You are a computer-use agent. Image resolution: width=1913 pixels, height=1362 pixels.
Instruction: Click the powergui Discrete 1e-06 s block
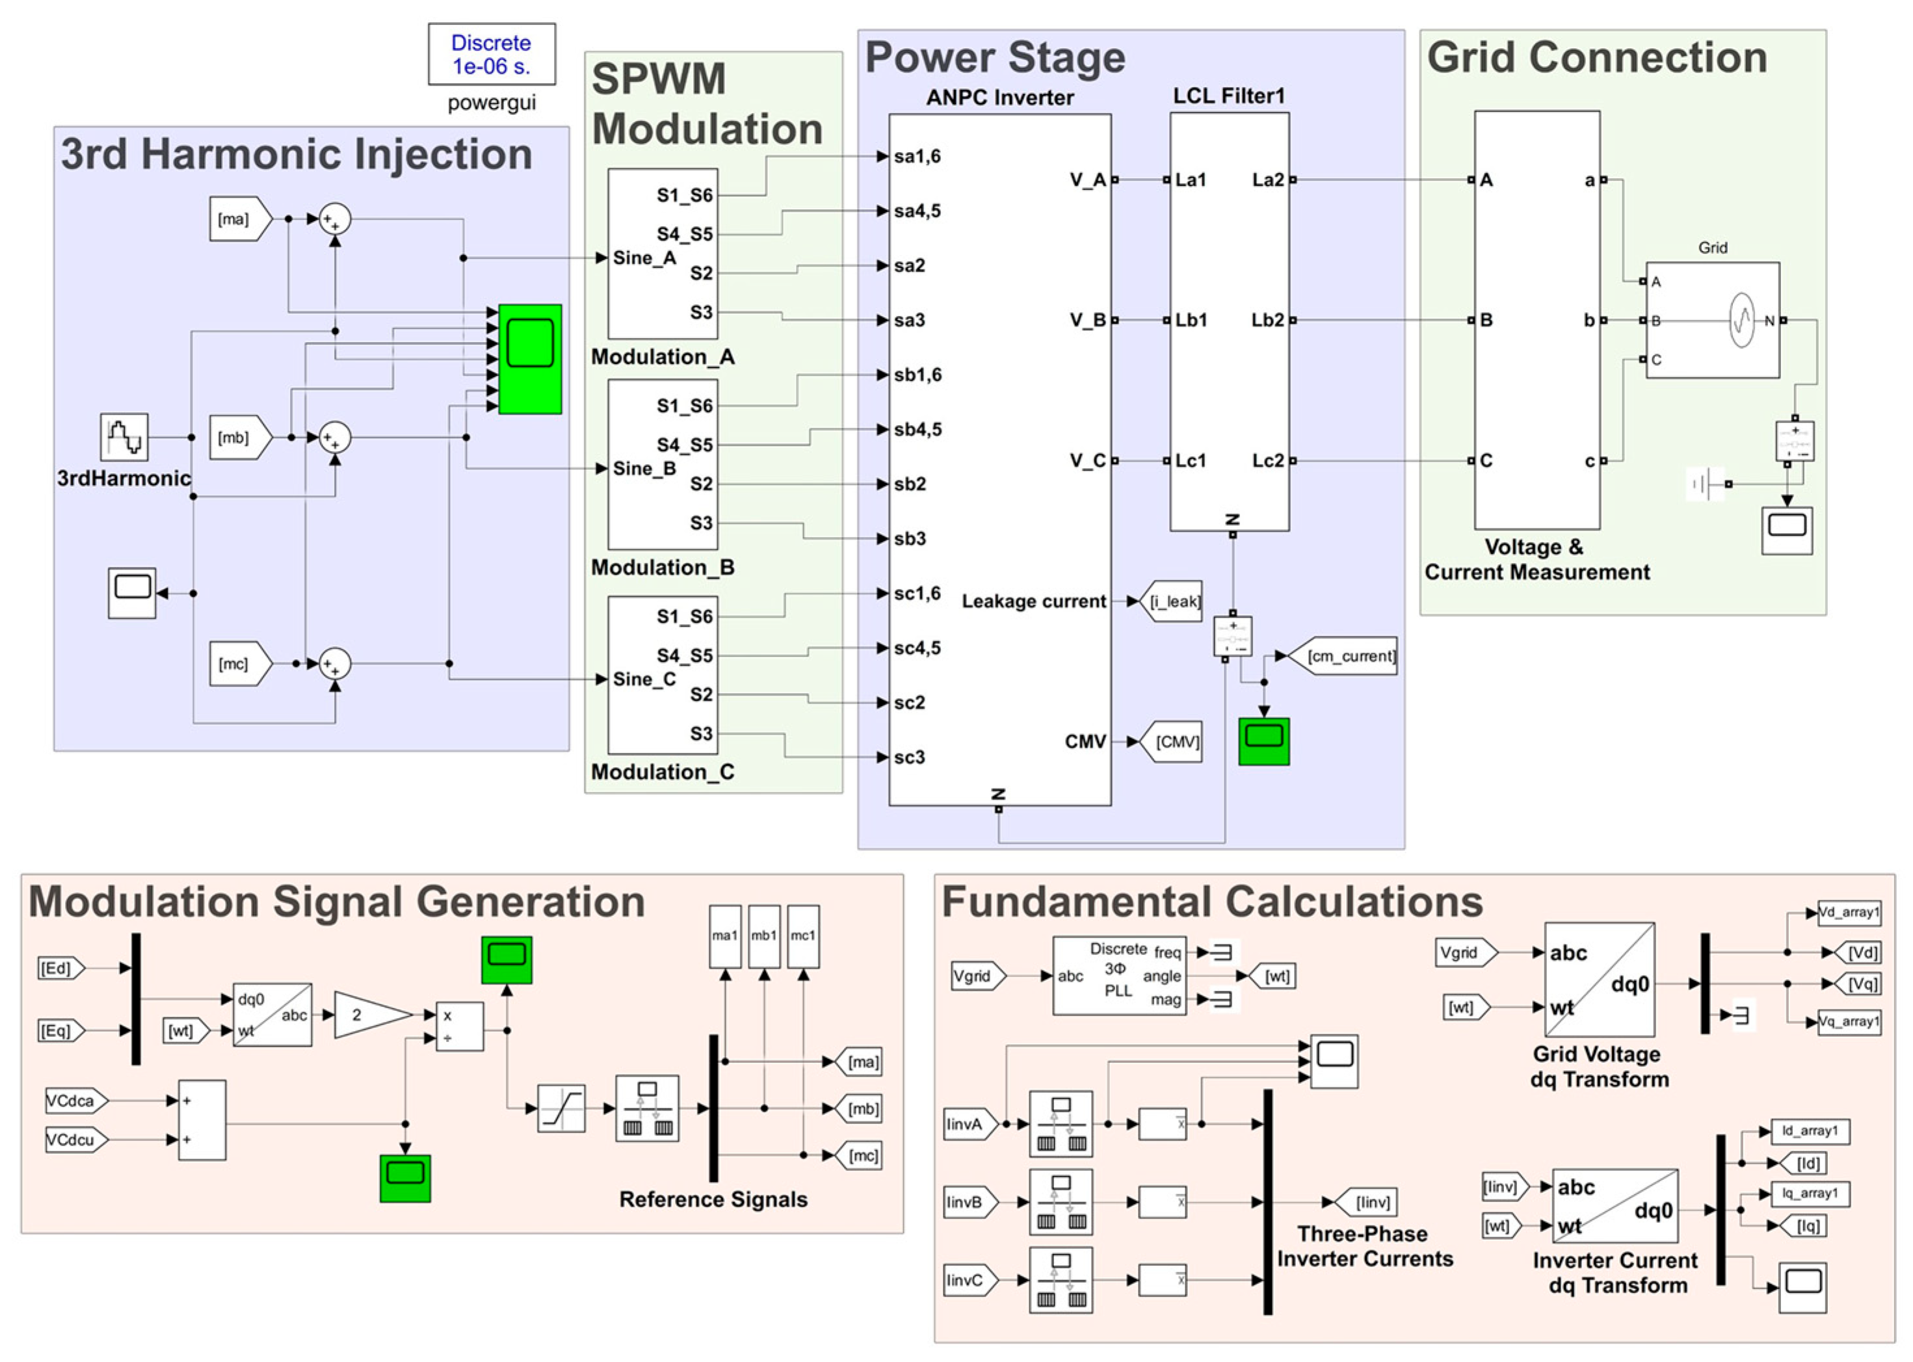click(x=492, y=55)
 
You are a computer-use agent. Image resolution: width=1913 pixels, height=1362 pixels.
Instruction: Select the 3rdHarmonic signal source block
click(x=124, y=437)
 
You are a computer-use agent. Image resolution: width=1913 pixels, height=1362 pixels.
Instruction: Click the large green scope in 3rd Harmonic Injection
click(x=530, y=359)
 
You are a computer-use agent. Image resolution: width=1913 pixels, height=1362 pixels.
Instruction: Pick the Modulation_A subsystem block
click(x=662, y=254)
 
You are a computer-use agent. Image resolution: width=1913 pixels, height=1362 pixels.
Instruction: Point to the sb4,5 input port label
click(x=917, y=429)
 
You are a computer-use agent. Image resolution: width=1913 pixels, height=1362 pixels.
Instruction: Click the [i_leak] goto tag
click(x=1172, y=601)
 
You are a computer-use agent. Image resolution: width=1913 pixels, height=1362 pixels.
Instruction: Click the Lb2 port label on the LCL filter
click(x=1267, y=321)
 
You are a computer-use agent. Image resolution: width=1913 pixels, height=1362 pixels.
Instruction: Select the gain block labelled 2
click(x=367, y=1015)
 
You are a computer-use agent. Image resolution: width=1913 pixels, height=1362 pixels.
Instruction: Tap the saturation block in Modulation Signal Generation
click(x=561, y=1108)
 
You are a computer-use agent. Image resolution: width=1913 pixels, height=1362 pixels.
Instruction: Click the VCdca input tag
click(x=74, y=1101)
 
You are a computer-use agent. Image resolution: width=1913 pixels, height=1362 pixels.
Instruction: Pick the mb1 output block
click(x=763, y=936)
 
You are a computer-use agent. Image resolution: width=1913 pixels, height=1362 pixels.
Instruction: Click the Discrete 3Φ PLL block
click(x=1119, y=975)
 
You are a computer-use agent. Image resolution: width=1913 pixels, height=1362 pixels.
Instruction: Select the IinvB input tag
click(x=968, y=1203)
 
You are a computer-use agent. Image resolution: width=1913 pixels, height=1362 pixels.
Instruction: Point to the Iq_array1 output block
click(x=1809, y=1194)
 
